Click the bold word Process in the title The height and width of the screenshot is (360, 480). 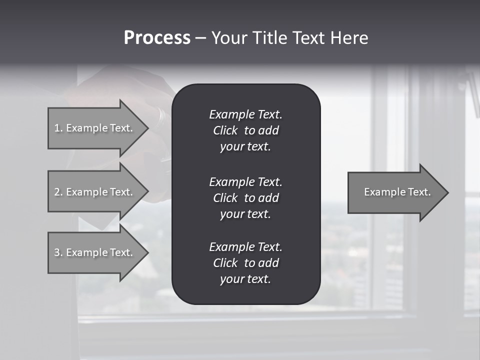(x=157, y=38)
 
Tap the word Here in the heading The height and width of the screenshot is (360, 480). (x=349, y=38)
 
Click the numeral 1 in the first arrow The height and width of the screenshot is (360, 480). (x=57, y=128)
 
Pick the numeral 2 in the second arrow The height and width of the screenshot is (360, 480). (x=57, y=192)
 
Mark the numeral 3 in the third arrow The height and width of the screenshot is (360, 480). (x=57, y=252)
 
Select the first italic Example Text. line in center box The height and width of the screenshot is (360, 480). (x=246, y=114)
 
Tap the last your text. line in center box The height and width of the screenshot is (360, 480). (x=245, y=279)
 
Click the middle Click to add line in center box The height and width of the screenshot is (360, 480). (x=246, y=198)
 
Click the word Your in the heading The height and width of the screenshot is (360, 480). (x=227, y=38)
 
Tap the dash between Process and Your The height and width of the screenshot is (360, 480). (x=200, y=38)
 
